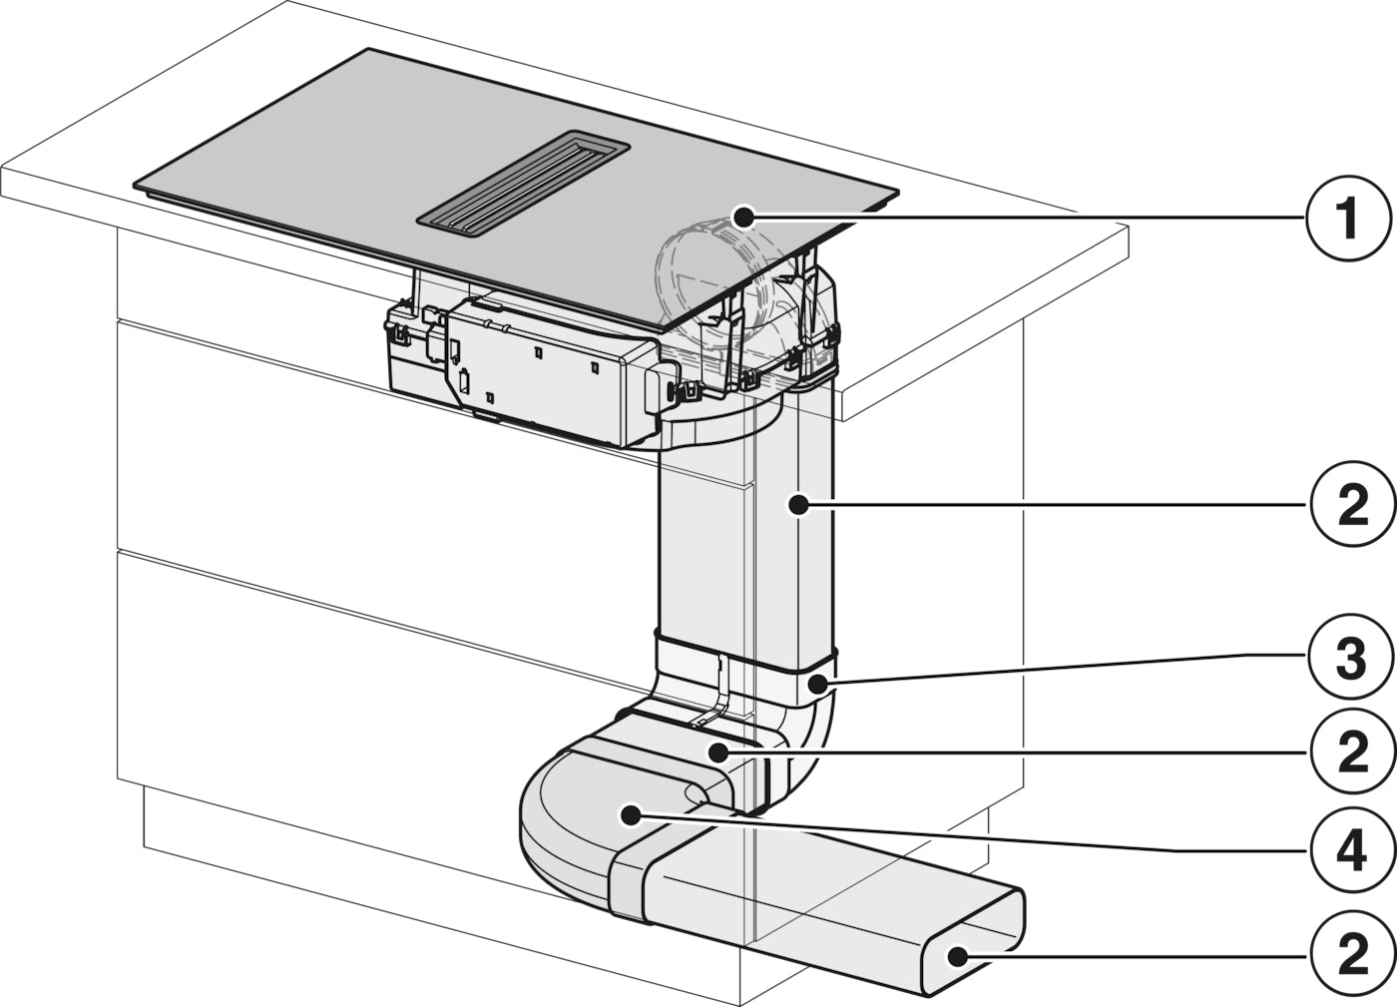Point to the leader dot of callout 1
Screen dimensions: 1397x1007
click(x=742, y=218)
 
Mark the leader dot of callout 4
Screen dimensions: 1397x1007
click(x=630, y=813)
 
